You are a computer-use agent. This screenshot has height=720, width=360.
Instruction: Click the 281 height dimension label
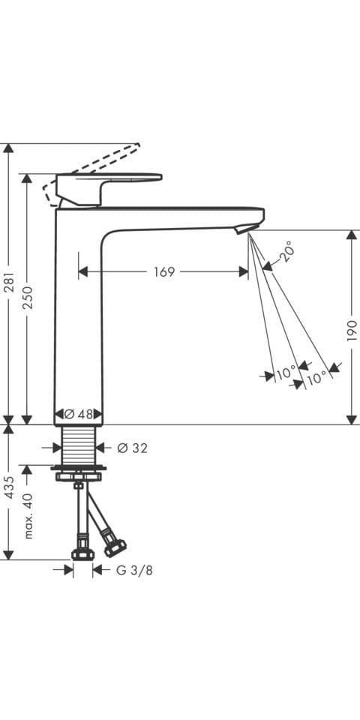(x=9, y=285)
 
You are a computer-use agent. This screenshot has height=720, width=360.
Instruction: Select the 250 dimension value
(x=28, y=297)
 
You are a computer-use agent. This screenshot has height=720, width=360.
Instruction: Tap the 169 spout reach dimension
(x=164, y=271)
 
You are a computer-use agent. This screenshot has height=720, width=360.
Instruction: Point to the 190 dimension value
(x=352, y=331)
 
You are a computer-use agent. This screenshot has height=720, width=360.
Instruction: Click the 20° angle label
(x=286, y=251)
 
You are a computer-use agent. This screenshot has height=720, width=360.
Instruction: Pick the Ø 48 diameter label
(x=79, y=414)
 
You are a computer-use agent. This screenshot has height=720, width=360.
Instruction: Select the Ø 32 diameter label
(x=133, y=448)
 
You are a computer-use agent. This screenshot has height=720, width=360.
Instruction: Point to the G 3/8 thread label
(x=134, y=570)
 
